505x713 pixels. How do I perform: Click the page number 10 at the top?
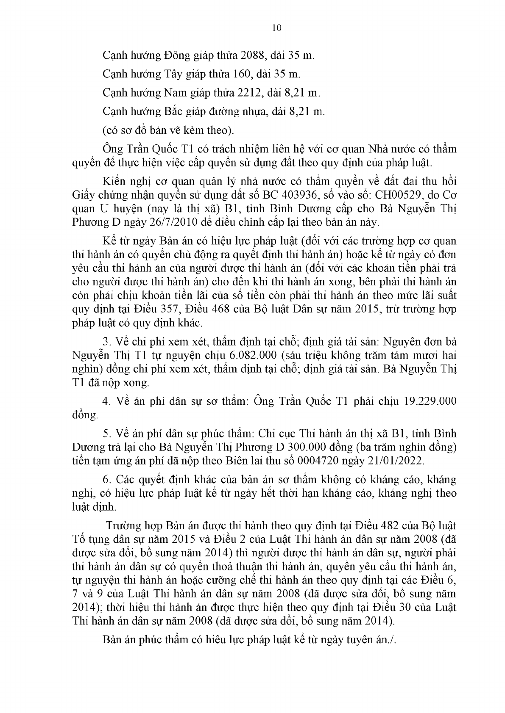point(276,28)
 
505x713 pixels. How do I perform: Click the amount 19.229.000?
point(430,401)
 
